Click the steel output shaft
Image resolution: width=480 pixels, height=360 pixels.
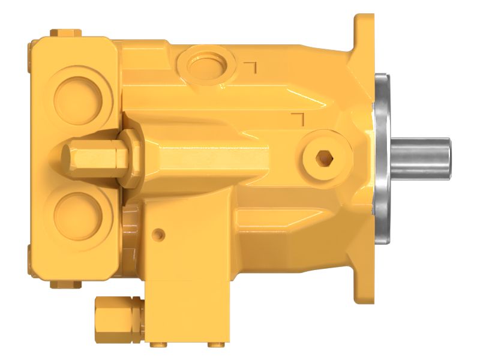[420, 157]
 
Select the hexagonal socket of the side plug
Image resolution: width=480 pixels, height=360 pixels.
[323, 158]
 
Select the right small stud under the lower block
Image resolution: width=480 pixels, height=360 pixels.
[214, 344]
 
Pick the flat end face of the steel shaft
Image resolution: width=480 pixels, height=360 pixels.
[449, 157]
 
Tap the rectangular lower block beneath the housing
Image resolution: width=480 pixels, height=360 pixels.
[186, 270]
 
